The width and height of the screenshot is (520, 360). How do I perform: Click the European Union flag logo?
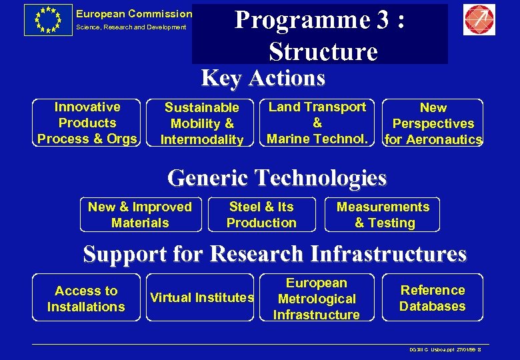(x=47, y=20)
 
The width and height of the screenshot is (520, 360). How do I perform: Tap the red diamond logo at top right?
(x=479, y=20)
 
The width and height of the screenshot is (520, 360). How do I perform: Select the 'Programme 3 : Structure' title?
(x=320, y=35)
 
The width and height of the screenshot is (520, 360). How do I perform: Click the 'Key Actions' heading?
(x=263, y=78)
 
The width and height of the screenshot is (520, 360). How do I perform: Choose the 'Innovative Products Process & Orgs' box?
(x=87, y=123)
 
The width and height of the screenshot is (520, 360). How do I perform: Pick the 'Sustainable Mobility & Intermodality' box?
(x=202, y=123)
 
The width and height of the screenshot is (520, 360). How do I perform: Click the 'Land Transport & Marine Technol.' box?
(x=317, y=123)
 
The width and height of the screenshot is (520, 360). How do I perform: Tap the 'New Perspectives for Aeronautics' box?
(x=433, y=123)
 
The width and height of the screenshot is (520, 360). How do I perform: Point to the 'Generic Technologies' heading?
(x=277, y=178)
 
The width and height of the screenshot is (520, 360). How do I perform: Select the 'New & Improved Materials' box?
(x=140, y=215)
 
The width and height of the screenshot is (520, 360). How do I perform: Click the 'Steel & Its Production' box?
(x=261, y=215)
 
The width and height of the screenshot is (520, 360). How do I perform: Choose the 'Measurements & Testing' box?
(x=383, y=215)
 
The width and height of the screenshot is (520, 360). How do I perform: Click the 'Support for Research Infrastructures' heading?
(x=275, y=254)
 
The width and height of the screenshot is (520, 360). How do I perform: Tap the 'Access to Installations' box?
(x=86, y=299)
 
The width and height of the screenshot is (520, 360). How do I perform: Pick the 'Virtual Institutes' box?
(x=202, y=297)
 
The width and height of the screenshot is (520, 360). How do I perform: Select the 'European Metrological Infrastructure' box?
(x=316, y=299)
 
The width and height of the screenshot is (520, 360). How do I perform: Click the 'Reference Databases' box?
(x=433, y=298)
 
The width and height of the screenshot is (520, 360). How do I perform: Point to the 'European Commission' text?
(x=133, y=13)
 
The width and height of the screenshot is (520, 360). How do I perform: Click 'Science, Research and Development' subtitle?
(x=131, y=27)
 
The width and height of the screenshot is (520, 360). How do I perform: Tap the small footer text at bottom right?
(x=445, y=350)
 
